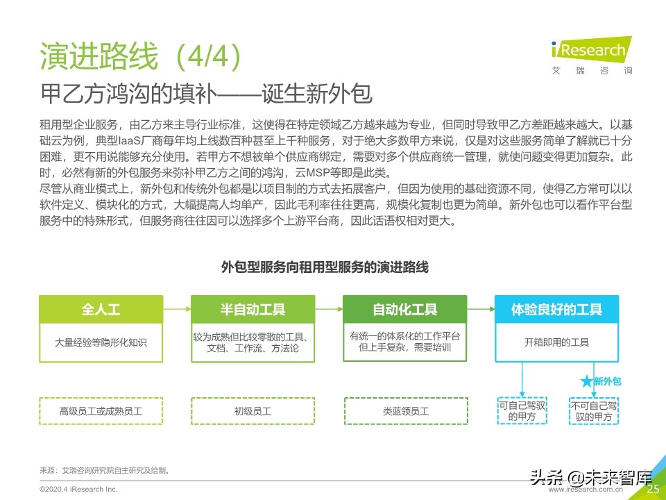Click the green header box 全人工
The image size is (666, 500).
[x=101, y=309]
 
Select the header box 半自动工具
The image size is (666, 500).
[x=253, y=309]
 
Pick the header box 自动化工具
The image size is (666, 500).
[x=404, y=309]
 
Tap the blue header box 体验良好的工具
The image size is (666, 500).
[x=556, y=309]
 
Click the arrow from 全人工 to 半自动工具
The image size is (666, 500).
[x=177, y=309]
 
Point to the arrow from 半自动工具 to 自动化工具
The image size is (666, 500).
[x=329, y=309]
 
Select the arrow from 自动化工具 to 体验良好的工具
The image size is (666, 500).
[x=481, y=309]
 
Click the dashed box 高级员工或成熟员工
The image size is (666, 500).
[x=101, y=411]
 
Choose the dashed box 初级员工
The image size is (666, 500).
[x=253, y=411]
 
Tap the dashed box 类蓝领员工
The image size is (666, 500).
[x=405, y=411]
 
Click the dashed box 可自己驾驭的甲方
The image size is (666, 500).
[x=522, y=410]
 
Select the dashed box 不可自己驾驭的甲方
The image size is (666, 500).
[x=593, y=410]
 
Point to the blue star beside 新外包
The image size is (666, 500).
[x=586, y=381]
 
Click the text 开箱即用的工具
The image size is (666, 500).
[x=556, y=342]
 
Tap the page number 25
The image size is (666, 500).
[x=652, y=489]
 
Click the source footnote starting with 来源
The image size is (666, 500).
[x=105, y=470]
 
